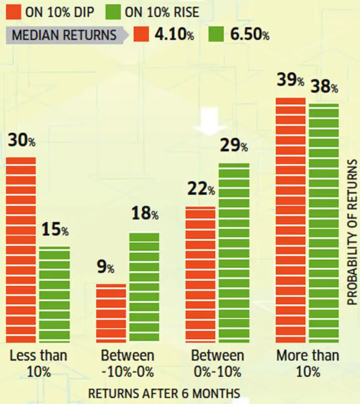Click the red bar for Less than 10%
(21, 249)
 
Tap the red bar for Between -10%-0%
(111, 313)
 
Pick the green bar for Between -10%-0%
(144, 287)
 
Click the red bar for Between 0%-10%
(201, 274)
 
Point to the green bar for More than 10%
(324, 223)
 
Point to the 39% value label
(290, 81)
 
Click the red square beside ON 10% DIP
(13, 11)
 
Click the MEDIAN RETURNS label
(63, 35)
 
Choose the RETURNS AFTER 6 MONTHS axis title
(164, 394)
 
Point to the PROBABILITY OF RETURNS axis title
(352, 232)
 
